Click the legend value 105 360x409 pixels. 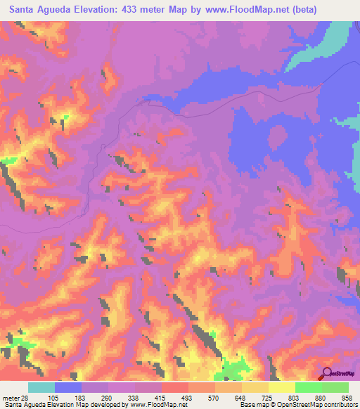(54, 397)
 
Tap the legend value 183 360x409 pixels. (81, 397)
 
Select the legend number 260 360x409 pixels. (108, 397)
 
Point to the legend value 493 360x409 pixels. (188, 397)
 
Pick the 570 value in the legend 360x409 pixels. (214, 397)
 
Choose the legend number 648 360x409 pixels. (241, 397)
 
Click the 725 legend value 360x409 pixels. (268, 397)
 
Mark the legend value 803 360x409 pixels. (295, 397)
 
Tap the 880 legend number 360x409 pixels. (321, 397)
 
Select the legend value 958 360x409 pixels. (348, 397)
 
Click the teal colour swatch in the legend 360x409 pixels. (41, 387)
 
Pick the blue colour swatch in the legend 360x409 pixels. (68, 387)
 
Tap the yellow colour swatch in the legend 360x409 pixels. (282, 387)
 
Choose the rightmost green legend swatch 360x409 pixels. (335, 387)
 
